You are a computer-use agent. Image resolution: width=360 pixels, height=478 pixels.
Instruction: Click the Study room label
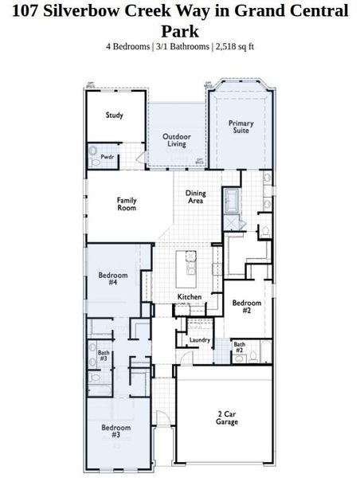pos(115,116)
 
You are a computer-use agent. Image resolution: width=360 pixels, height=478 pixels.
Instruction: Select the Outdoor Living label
pos(177,140)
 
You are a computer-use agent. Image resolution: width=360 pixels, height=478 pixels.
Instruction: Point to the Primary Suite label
pos(241,127)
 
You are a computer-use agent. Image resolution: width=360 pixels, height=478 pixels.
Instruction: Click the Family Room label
pos(127,203)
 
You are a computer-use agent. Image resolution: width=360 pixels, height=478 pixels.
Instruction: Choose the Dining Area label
pos(195,197)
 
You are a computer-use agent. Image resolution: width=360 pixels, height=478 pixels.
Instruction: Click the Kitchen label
pos(190,297)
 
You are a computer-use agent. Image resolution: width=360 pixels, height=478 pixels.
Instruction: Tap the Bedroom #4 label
pos(108,279)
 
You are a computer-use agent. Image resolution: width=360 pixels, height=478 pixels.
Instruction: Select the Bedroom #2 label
pos(247,307)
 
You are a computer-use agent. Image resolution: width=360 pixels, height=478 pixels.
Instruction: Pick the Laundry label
pos(199,340)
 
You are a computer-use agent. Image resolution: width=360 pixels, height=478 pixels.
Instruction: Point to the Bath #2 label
pos(239,347)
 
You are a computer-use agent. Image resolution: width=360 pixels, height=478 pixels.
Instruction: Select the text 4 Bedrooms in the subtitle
pos(129,46)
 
